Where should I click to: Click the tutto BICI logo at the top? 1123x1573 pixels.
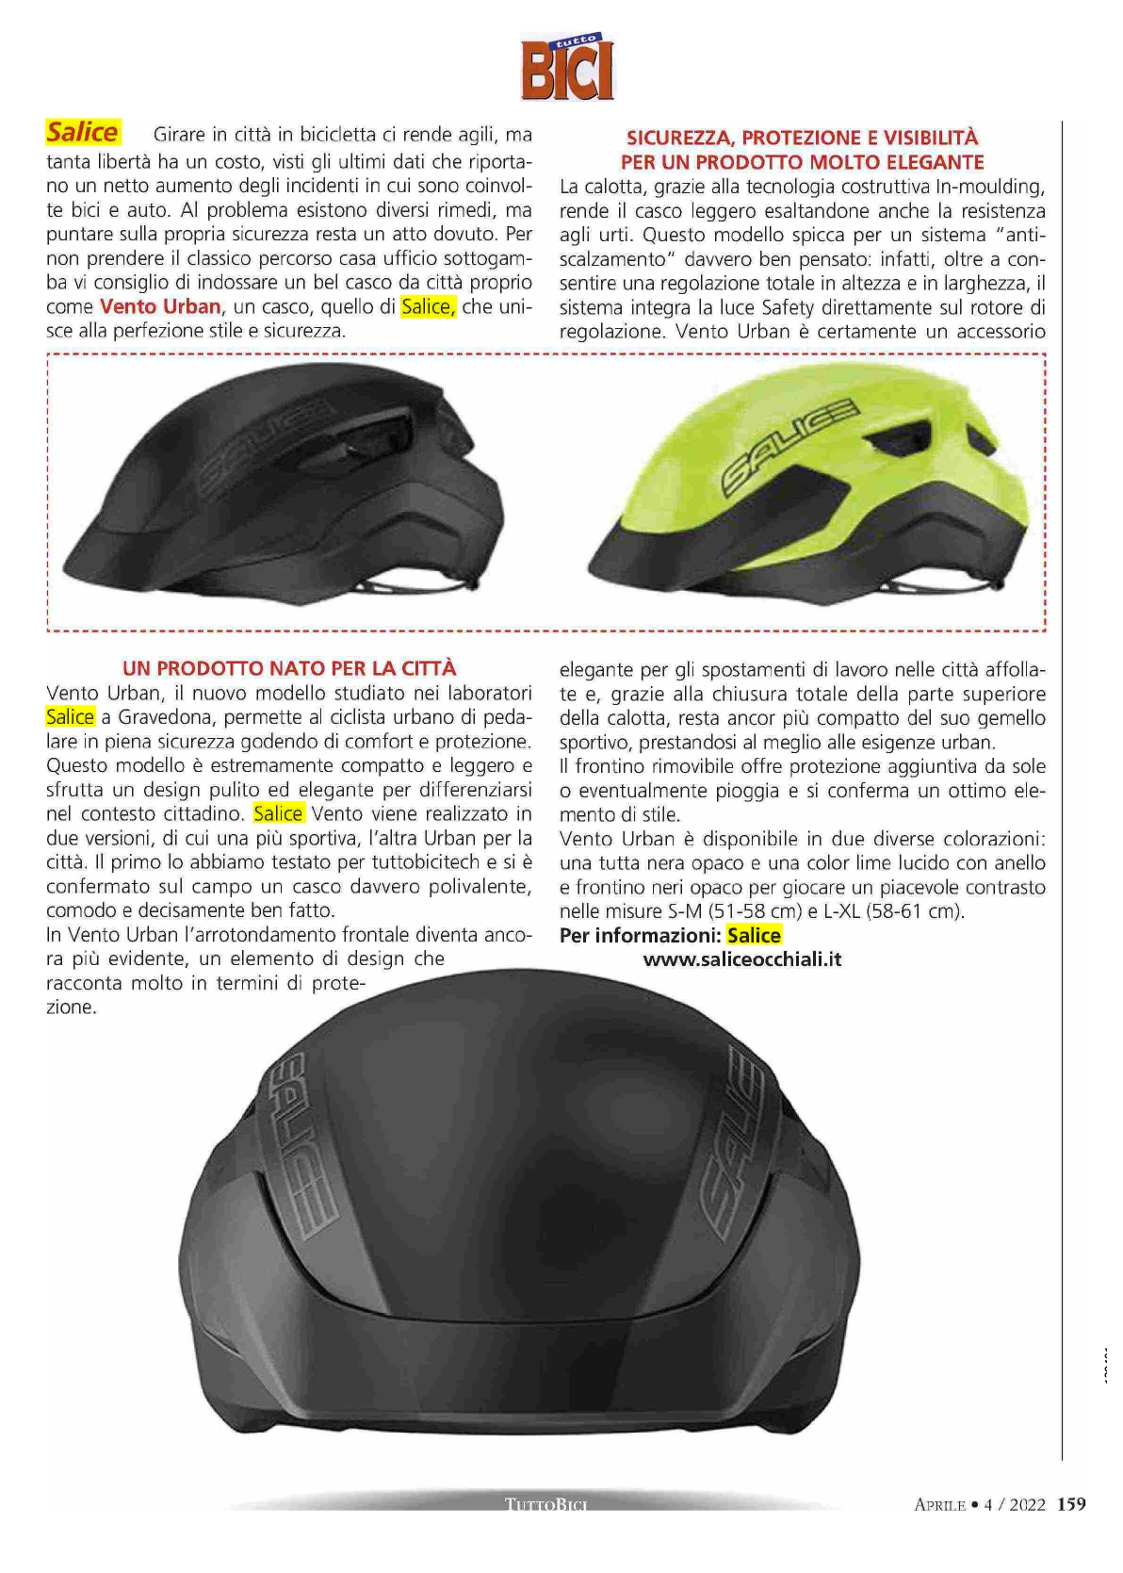567,67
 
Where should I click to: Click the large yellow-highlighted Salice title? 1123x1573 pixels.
83,132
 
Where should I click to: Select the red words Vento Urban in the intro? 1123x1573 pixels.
160,306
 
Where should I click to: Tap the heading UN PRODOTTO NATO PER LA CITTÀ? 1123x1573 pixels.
289,668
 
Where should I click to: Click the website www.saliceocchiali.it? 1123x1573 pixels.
742,959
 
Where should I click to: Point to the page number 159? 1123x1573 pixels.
1071,1503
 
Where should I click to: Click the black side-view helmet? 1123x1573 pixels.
292,481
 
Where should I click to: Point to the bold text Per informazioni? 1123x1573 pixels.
640,935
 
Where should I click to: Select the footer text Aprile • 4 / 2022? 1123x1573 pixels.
980,1504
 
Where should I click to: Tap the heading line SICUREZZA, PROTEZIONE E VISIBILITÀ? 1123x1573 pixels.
802,138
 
